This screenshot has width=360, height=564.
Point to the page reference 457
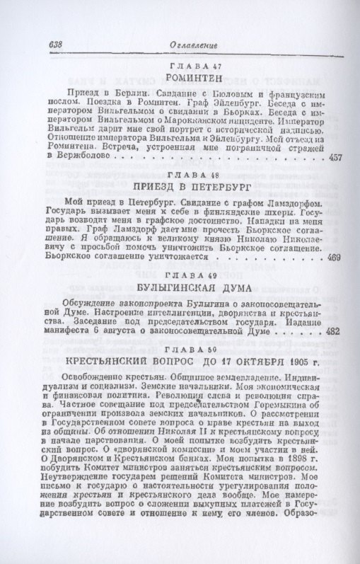pos(337,157)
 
